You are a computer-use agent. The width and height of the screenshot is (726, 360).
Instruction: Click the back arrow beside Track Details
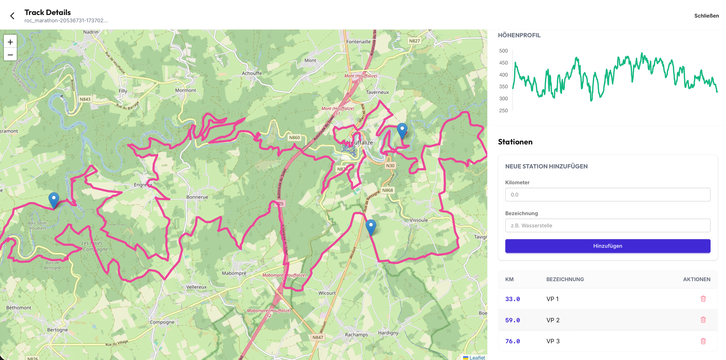[x=12, y=16]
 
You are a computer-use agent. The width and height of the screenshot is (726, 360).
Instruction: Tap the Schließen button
[x=706, y=16]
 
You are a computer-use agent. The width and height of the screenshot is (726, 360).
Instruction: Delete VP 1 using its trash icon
[x=703, y=299]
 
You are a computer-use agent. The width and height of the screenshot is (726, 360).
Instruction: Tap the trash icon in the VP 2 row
[x=703, y=320]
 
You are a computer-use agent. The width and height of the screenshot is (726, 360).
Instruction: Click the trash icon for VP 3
[x=703, y=341]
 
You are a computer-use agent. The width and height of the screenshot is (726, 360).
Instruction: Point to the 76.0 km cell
[x=512, y=341]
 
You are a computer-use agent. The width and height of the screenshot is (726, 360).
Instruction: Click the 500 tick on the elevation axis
[x=503, y=51]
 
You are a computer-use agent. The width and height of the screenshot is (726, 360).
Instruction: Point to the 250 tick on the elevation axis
[x=503, y=111]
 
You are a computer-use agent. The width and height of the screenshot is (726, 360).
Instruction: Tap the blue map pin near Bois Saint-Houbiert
[x=54, y=199]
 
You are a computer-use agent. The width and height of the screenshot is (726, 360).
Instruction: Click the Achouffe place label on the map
[x=251, y=73]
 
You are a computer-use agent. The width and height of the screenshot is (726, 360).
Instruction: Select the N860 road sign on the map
[x=294, y=138]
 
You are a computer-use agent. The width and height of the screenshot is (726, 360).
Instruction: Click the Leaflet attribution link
[x=477, y=357]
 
